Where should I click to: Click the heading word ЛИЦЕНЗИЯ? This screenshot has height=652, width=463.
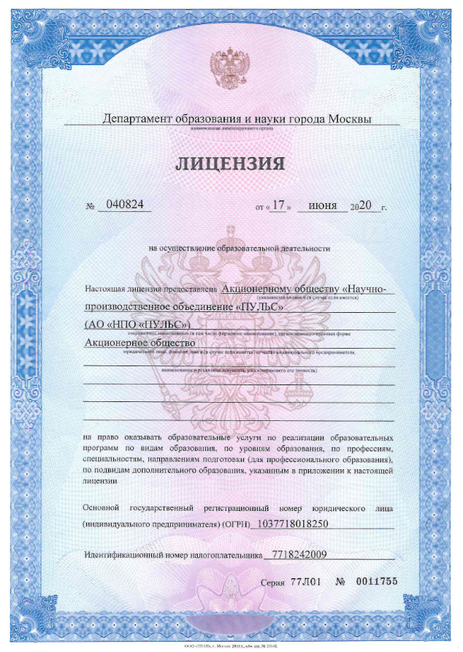(x=229, y=162)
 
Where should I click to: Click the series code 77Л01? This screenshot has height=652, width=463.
(x=306, y=582)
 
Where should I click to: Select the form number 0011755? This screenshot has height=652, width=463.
(x=375, y=582)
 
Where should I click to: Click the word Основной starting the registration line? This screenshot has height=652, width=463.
(x=104, y=507)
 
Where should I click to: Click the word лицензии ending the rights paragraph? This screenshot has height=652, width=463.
(x=100, y=482)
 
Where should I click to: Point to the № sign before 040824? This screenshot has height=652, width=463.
(x=91, y=207)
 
